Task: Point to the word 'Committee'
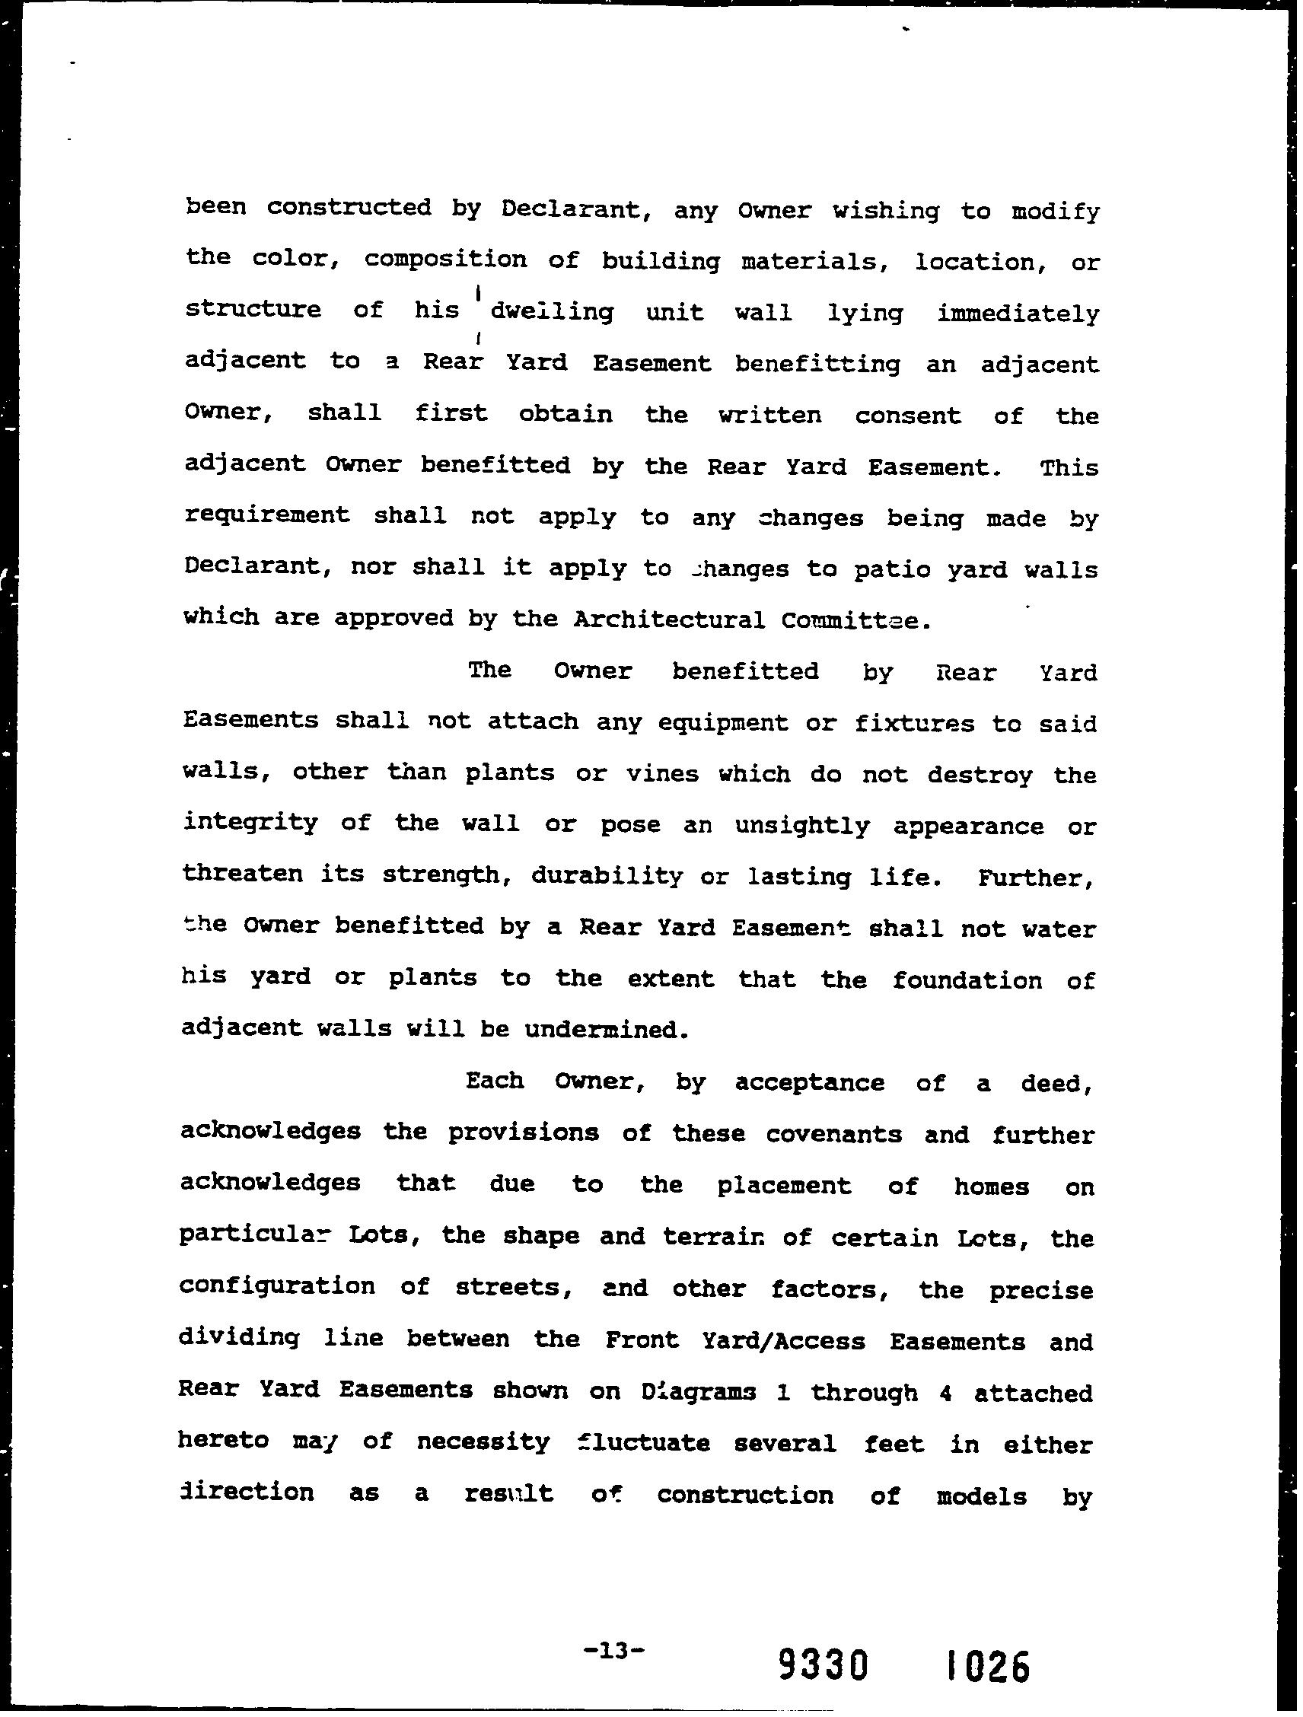click(x=846, y=620)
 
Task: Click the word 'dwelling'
click(x=552, y=312)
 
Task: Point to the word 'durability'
click(x=607, y=876)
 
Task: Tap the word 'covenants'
click(x=833, y=1134)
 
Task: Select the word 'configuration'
click(x=278, y=1287)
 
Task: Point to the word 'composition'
click(x=445, y=260)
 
